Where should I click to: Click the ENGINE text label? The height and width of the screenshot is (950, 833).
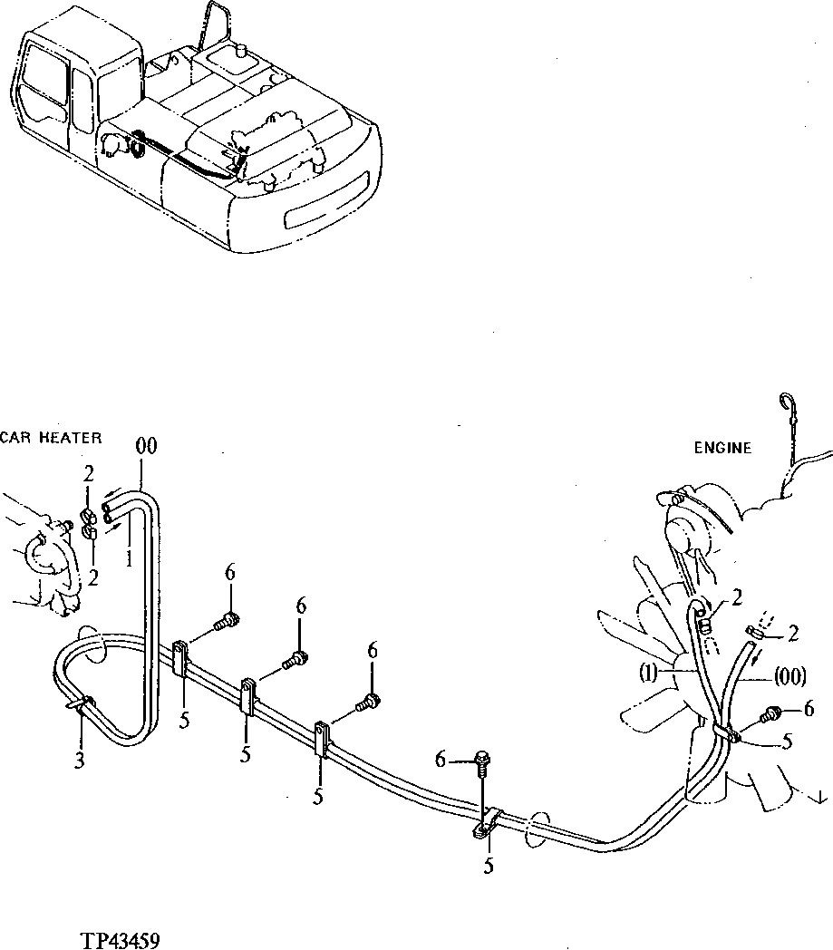(x=722, y=448)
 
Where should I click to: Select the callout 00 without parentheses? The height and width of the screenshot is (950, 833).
(x=145, y=445)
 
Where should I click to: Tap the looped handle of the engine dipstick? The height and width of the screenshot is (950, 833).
(x=787, y=403)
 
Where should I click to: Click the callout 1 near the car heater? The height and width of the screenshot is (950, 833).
(x=129, y=559)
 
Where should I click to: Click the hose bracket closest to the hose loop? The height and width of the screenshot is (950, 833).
(x=179, y=659)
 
